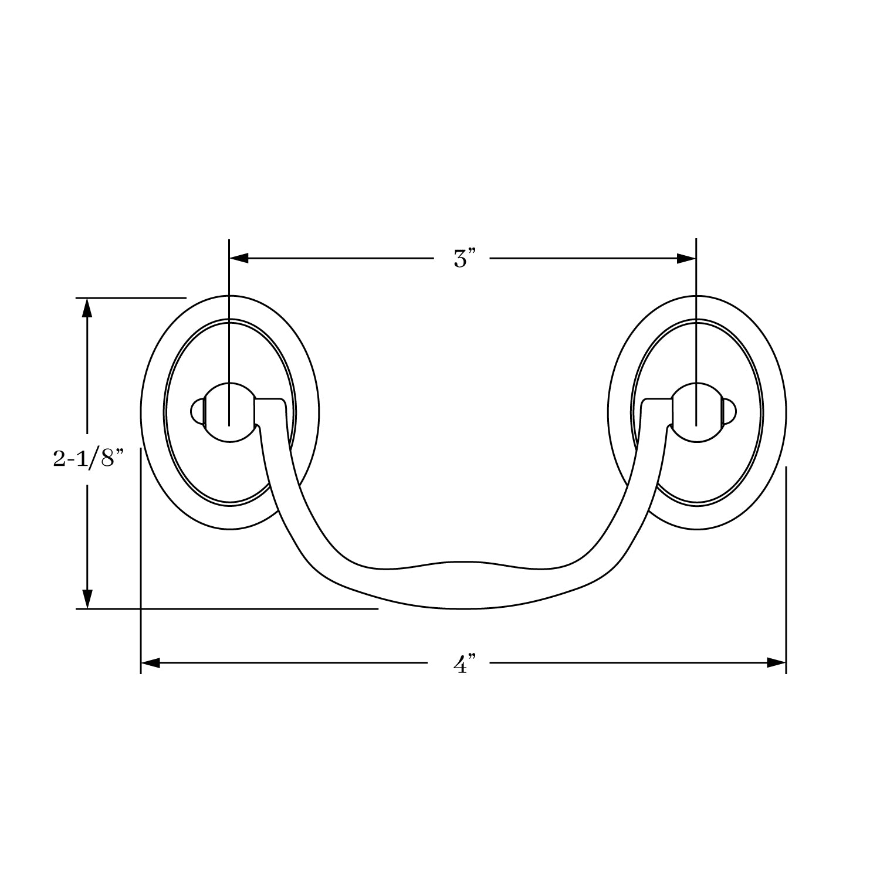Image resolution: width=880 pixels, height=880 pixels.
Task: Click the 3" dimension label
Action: pyautogui.click(x=463, y=259)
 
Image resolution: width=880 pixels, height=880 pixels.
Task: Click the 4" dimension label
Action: pyautogui.click(x=463, y=665)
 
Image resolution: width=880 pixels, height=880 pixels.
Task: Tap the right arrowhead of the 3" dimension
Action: pyautogui.click(x=686, y=258)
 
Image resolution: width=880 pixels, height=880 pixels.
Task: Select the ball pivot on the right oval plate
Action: pyautogui.click(x=696, y=412)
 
